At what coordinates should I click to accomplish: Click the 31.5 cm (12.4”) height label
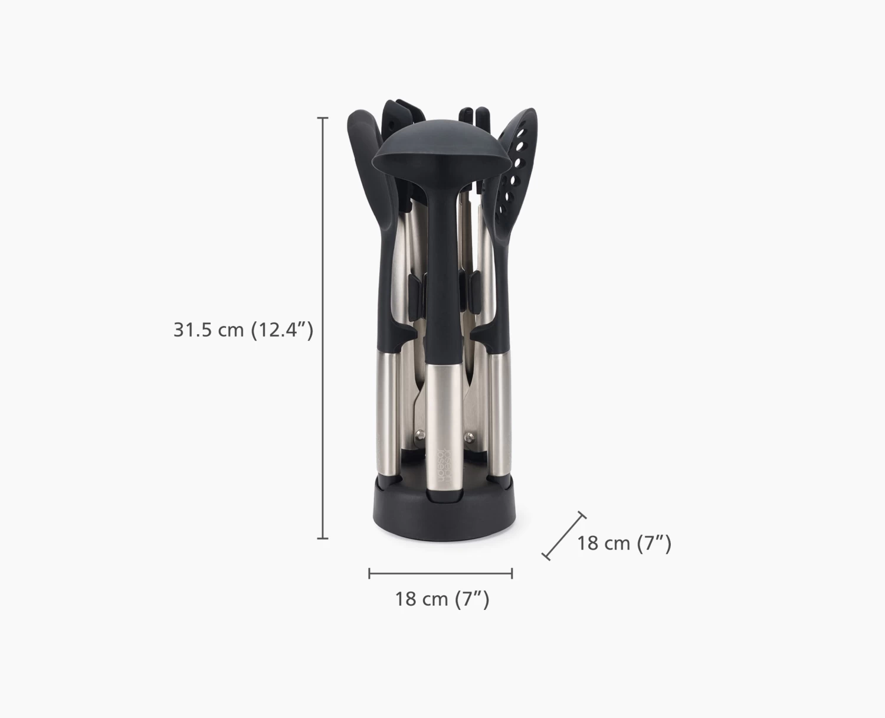coord(243,329)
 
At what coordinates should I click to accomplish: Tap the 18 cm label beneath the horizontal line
coord(442,599)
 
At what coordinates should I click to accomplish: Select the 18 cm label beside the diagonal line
coord(624,543)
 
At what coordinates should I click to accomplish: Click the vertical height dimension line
coord(323,328)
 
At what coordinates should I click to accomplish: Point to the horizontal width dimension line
coord(440,573)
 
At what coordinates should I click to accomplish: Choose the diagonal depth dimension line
coord(564,536)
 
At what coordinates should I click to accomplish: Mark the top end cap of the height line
coord(323,118)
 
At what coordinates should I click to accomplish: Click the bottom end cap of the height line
coord(323,538)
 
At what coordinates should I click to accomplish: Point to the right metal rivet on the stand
coord(469,437)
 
